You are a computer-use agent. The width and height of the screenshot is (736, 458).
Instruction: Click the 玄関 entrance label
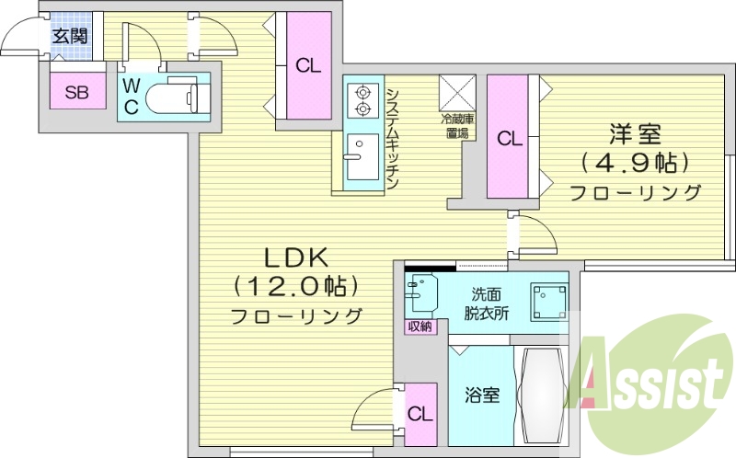[70, 37]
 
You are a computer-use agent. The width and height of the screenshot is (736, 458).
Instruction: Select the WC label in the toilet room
[132, 96]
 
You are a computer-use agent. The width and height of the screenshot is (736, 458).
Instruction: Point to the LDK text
[293, 258]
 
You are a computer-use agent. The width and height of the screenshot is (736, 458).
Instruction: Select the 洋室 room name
[635, 134]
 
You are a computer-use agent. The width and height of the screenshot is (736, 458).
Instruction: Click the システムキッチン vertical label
[392, 138]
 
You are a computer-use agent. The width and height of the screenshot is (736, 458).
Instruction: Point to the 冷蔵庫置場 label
[457, 126]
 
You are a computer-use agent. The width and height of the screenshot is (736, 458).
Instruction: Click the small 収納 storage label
[418, 326]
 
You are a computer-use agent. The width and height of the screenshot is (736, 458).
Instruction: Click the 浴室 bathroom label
[482, 395]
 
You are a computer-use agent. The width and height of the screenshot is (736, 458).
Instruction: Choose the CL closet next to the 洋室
[509, 138]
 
